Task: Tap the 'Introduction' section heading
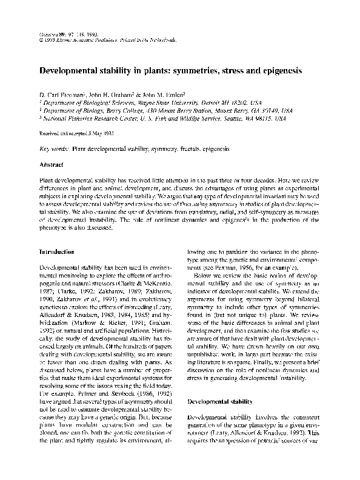[56, 251]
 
